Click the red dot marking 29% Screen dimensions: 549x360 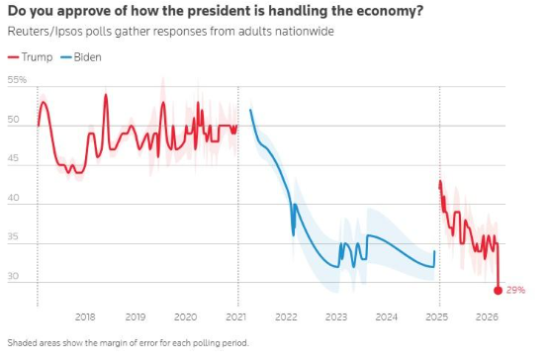coord(498,291)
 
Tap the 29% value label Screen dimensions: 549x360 coord(515,290)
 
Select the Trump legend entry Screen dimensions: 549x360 coord(30,57)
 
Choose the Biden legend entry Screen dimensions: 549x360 coord(81,57)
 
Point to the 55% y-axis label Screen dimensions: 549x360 coord(17,80)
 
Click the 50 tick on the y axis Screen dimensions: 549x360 coord(13,120)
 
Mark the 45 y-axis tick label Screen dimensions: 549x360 coord(13,158)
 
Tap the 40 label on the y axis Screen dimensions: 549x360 coord(13,198)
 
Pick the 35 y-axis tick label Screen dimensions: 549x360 coord(13,236)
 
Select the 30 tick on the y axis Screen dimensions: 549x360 coord(13,276)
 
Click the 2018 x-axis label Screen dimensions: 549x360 coord(85,316)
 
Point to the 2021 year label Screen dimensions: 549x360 coord(236,316)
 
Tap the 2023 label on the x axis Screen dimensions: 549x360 coord(336,316)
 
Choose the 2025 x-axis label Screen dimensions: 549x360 coord(437,316)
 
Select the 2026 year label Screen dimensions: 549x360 coord(487,316)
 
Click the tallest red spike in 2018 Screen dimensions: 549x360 coord(106,95)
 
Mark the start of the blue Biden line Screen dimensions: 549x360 coord(250,110)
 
